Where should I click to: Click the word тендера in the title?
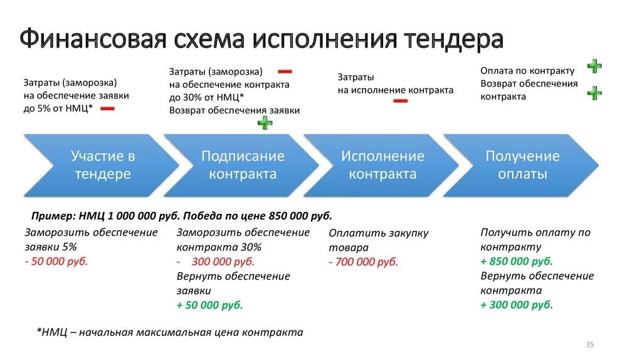[453, 40]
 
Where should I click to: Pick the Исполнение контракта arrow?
[382, 165]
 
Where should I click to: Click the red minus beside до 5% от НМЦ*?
[107, 109]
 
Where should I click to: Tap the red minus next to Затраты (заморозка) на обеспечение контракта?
[285, 72]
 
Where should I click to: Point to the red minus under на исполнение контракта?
[400, 100]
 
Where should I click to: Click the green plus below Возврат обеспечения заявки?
[265, 123]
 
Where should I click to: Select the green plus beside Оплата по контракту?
[594, 66]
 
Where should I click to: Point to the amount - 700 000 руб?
[363, 262]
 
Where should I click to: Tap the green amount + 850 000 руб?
[517, 261]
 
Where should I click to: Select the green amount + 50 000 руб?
[209, 305]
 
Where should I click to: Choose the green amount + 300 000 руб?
[517, 305]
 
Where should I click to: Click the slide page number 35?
[589, 345]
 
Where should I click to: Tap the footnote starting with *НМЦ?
[169, 332]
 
